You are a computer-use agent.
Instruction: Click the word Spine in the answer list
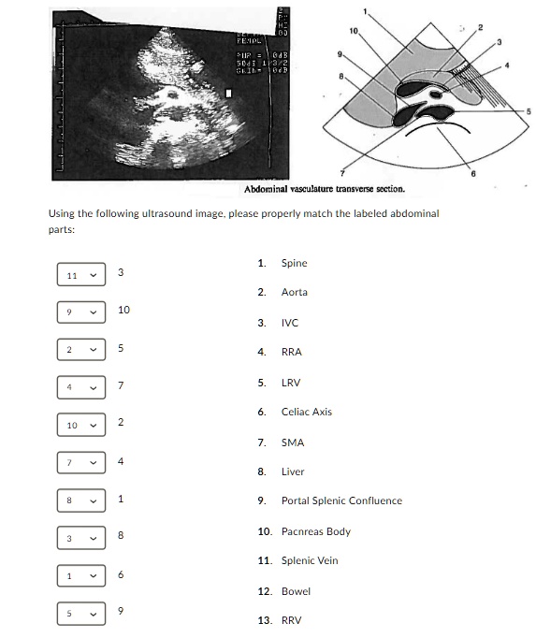pyautogui.click(x=294, y=263)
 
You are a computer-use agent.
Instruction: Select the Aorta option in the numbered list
pyautogui.click(x=294, y=292)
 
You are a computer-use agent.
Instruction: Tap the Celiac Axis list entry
pyautogui.click(x=306, y=412)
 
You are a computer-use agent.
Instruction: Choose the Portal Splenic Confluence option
pyautogui.click(x=341, y=500)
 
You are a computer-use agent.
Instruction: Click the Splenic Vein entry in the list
pyautogui.click(x=310, y=560)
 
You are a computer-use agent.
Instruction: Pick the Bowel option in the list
pyautogui.click(x=296, y=591)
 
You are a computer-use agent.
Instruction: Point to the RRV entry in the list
pyautogui.click(x=292, y=620)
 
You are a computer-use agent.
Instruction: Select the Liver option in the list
pyautogui.click(x=293, y=471)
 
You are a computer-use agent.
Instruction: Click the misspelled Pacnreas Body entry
pyautogui.click(x=315, y=531)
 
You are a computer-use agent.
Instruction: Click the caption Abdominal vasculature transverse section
pyautogui.click(x=324, y=189)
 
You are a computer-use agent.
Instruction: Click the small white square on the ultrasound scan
pyautogui.click(x=228, y=94)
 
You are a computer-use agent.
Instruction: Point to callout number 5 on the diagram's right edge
pyautogui.click(x=528, y=112)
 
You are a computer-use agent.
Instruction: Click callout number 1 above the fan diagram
pyautogui.click(x=366, y=10)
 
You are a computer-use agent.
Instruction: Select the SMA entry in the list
pyautogui.click(x=293, y=442)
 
